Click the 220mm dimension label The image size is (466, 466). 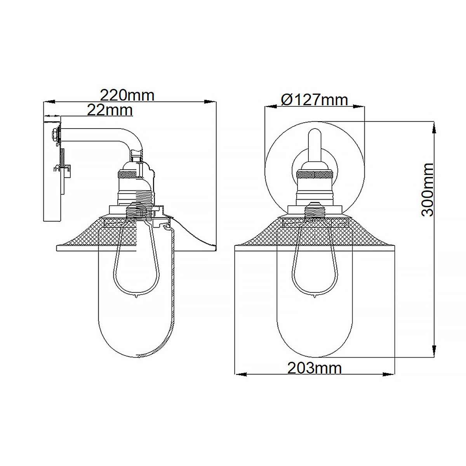coord(127,95)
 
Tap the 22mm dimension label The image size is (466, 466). coord(110,110)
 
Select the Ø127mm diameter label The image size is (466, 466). coord(314,100)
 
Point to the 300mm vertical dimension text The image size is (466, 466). coord(428,190)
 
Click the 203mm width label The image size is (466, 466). coord(314,368)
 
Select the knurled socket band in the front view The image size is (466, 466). coord(315,175)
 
